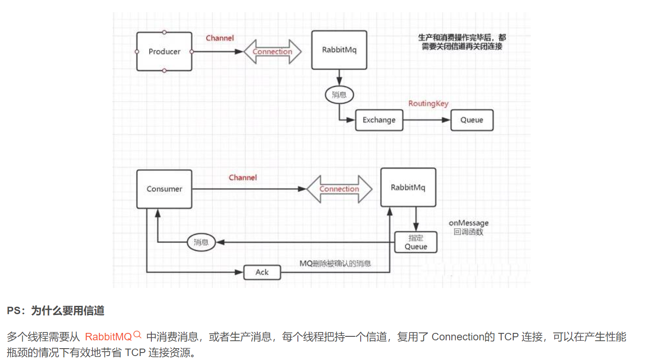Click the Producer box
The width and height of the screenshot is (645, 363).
(x=164, y=51)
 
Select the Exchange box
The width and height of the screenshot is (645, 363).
(x=379, y=120)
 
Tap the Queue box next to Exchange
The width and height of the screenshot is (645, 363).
(x=472, y=120)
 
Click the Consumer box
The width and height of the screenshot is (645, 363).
(x=164, y=189)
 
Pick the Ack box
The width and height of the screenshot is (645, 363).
(x=262, y=272)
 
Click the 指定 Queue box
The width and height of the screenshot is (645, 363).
(x=416, y=242)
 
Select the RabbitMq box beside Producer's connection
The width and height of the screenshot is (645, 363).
(x=339, y=50)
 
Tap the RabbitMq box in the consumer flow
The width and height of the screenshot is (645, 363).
(x=408, y=187)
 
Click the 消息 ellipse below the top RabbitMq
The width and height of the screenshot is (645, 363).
(x=339, y=95)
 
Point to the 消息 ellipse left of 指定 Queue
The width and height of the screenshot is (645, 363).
(x=201, y=242)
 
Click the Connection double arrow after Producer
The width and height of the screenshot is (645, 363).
(x=273, y=51)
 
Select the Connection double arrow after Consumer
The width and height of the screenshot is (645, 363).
(x=339, y=189)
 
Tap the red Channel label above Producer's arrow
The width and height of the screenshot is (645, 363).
(x=220, y=38)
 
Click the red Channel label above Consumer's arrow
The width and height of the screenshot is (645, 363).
(x=243, y=178)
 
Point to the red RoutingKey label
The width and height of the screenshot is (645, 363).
(x=428, y=103)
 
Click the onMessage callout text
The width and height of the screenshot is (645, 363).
(x=469, y=227)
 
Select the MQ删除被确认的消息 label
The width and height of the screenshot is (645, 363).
(x=335, y=264)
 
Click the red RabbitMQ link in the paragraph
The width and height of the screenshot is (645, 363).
(x=108, y=337)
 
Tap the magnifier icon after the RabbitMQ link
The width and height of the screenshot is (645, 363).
(x=137, y=335)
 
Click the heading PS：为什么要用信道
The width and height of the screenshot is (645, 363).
(x=56, y=311)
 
